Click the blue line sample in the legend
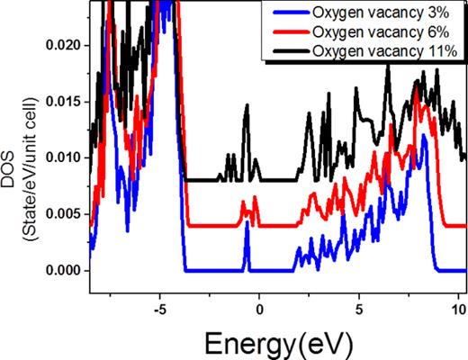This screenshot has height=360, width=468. pos(288,14)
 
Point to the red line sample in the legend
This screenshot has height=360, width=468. pos(288,32)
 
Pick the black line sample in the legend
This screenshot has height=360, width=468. pos(288,50)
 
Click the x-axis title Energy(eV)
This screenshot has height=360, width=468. pos(273,341)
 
